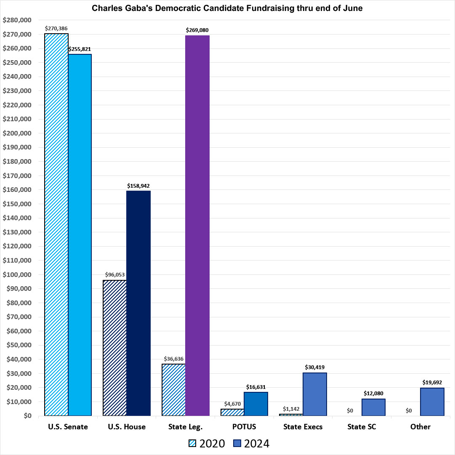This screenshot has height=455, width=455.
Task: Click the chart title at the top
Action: click(x=227, y=8)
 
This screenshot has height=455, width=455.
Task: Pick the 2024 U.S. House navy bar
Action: click(x=138, y=303)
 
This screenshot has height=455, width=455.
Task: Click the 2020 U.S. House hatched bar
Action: click(x=115, y=348)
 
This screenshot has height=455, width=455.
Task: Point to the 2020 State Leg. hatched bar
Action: click(x=174, y=390)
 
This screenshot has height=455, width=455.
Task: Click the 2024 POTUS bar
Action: click(x=256, y=404)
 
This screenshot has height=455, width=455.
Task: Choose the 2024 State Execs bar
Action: click(x=314, y=394)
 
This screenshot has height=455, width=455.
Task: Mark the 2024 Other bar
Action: click(x=432, y=402)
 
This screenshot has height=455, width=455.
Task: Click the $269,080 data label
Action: click(x=197, y=30)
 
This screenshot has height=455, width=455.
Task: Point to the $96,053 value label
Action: click(x=115, y=275)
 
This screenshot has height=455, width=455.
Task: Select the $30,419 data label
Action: click(x=314, y=367)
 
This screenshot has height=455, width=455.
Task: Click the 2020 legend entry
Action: click(x=206, y=443)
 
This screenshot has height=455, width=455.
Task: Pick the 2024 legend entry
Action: click(x=251, y=443)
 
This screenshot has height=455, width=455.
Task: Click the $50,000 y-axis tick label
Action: click(x=18, y=345)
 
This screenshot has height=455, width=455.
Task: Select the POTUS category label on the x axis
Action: click(x=244, y=427)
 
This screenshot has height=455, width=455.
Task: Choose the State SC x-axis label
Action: click(x=362, y=427)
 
